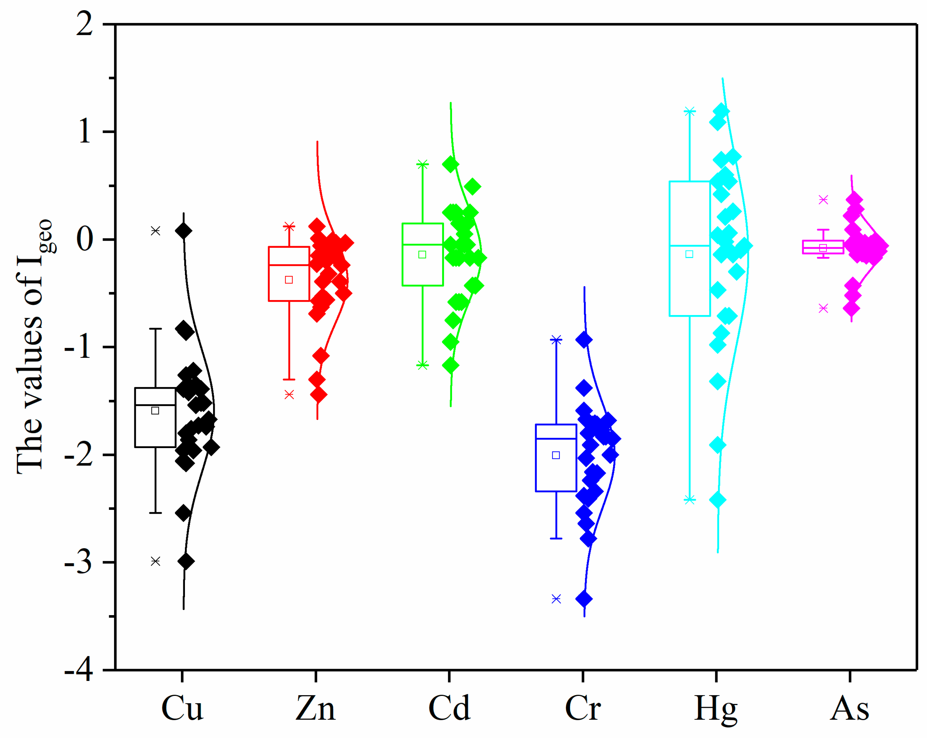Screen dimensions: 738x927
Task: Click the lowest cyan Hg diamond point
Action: tap(718, 500)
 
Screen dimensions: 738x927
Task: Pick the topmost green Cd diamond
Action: tap(451, 164)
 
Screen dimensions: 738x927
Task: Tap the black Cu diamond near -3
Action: tap(186, 561)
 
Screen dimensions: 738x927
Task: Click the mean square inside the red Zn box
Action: tap(289, 280)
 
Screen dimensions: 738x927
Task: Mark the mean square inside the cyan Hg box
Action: tap(689, 254)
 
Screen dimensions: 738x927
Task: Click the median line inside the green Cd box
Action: tap(423, 244)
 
